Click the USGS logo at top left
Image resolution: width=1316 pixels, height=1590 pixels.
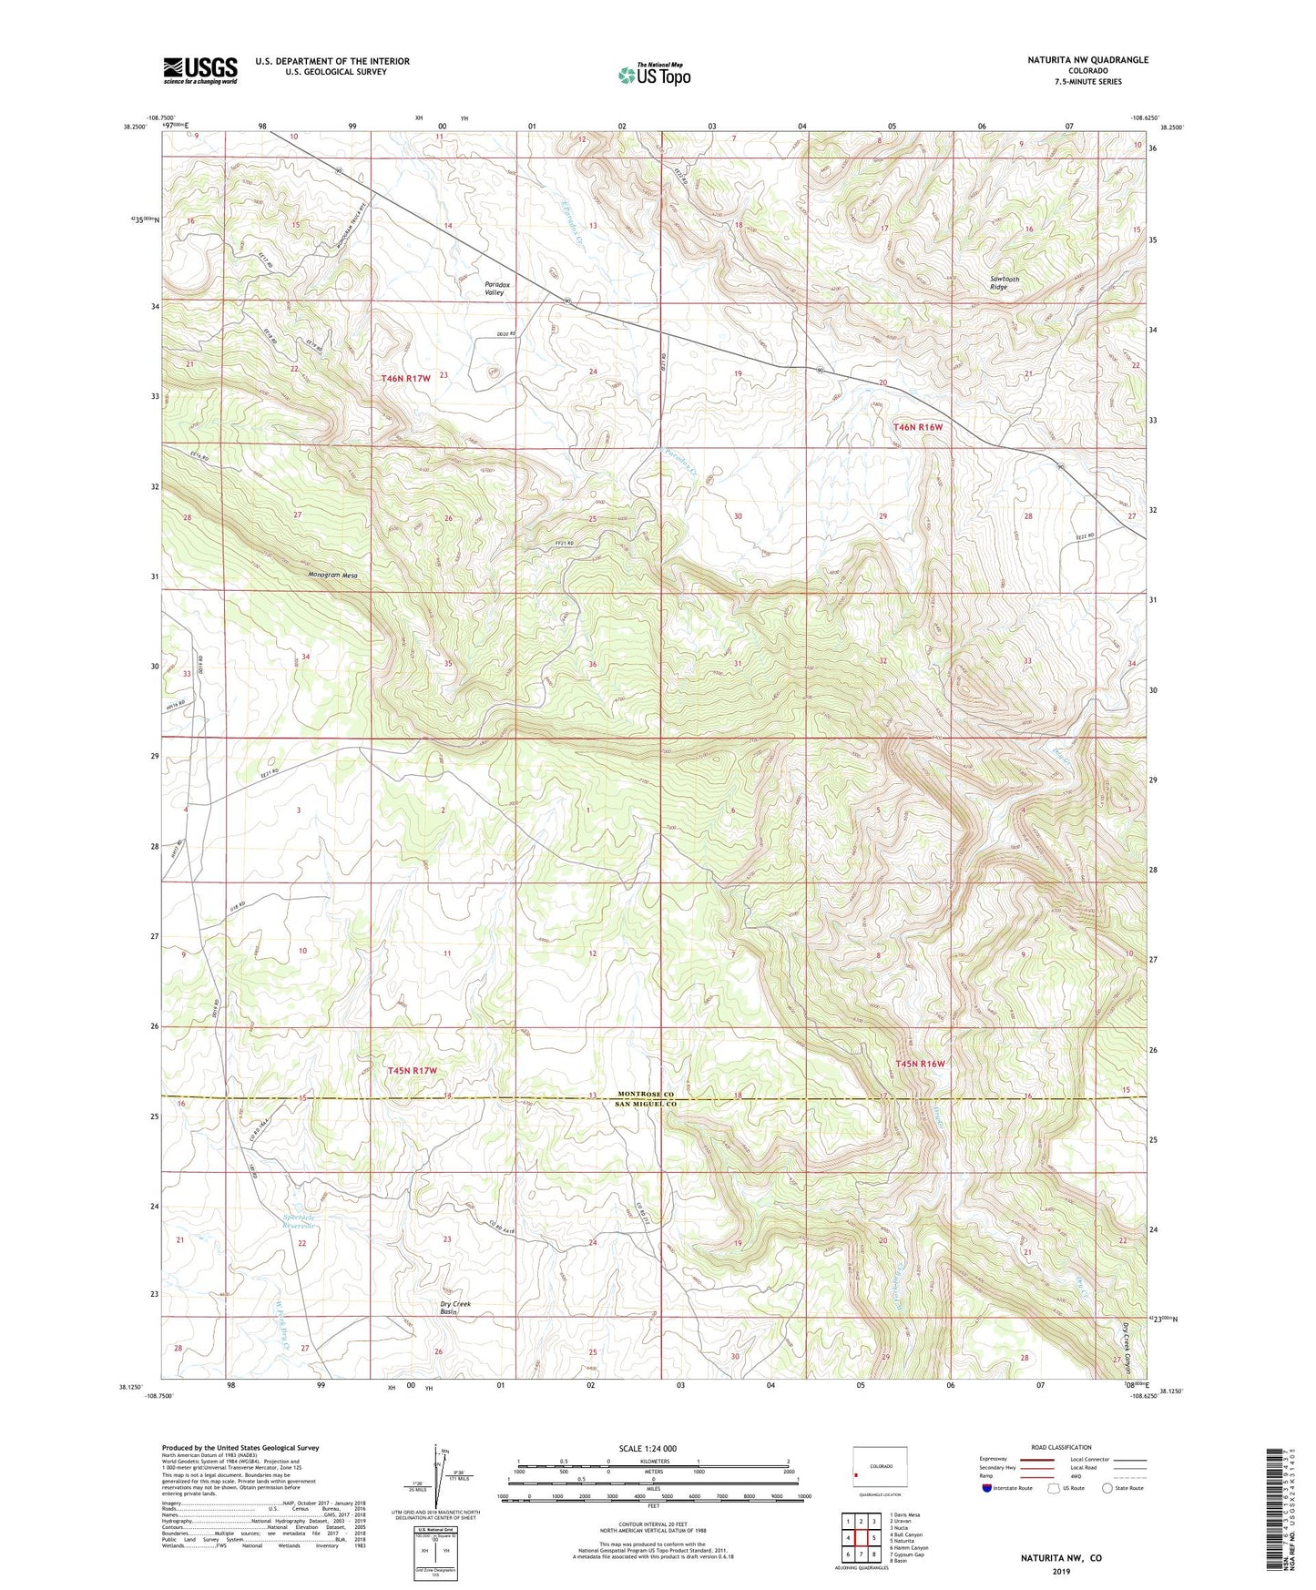click(x=200, y=69)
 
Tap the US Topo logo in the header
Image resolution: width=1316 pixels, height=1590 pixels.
click(x=654, y=74)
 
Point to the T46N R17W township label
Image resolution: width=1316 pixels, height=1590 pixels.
click(x=405, y=377)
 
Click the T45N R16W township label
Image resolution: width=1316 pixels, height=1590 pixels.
click(x=920, y=1064)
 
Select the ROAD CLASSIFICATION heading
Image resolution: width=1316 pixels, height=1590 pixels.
click(x=1061, y=1447)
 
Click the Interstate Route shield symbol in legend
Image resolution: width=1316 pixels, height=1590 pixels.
click(x=988, y=1489)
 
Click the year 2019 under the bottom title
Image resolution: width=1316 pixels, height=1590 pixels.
click(x=1061, y=1571)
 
